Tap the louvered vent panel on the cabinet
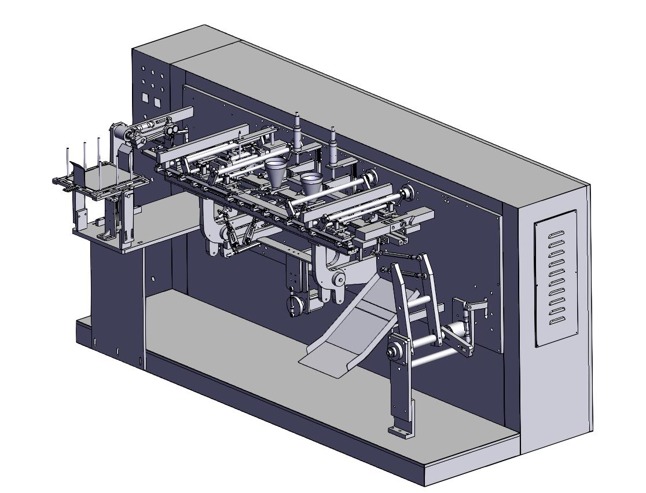click(x=555, y=277)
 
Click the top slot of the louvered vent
click(x=556, y=235)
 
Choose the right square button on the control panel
click(x=157, y=102)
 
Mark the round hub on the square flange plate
click(x=396, y=350)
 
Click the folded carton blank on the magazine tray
click(x=80, y=174)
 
